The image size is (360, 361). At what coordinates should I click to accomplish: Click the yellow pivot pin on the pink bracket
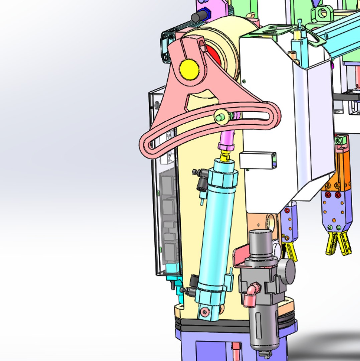[x=189, y=70]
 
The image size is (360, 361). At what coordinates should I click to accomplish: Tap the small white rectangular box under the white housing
[x=258, y=160]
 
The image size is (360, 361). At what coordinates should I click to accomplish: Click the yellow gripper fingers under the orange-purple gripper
[x=338, y=242]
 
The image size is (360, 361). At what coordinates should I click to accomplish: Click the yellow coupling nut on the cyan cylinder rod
[x=226, y=155]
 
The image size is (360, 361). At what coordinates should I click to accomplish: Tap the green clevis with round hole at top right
[x=322, y=13]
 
